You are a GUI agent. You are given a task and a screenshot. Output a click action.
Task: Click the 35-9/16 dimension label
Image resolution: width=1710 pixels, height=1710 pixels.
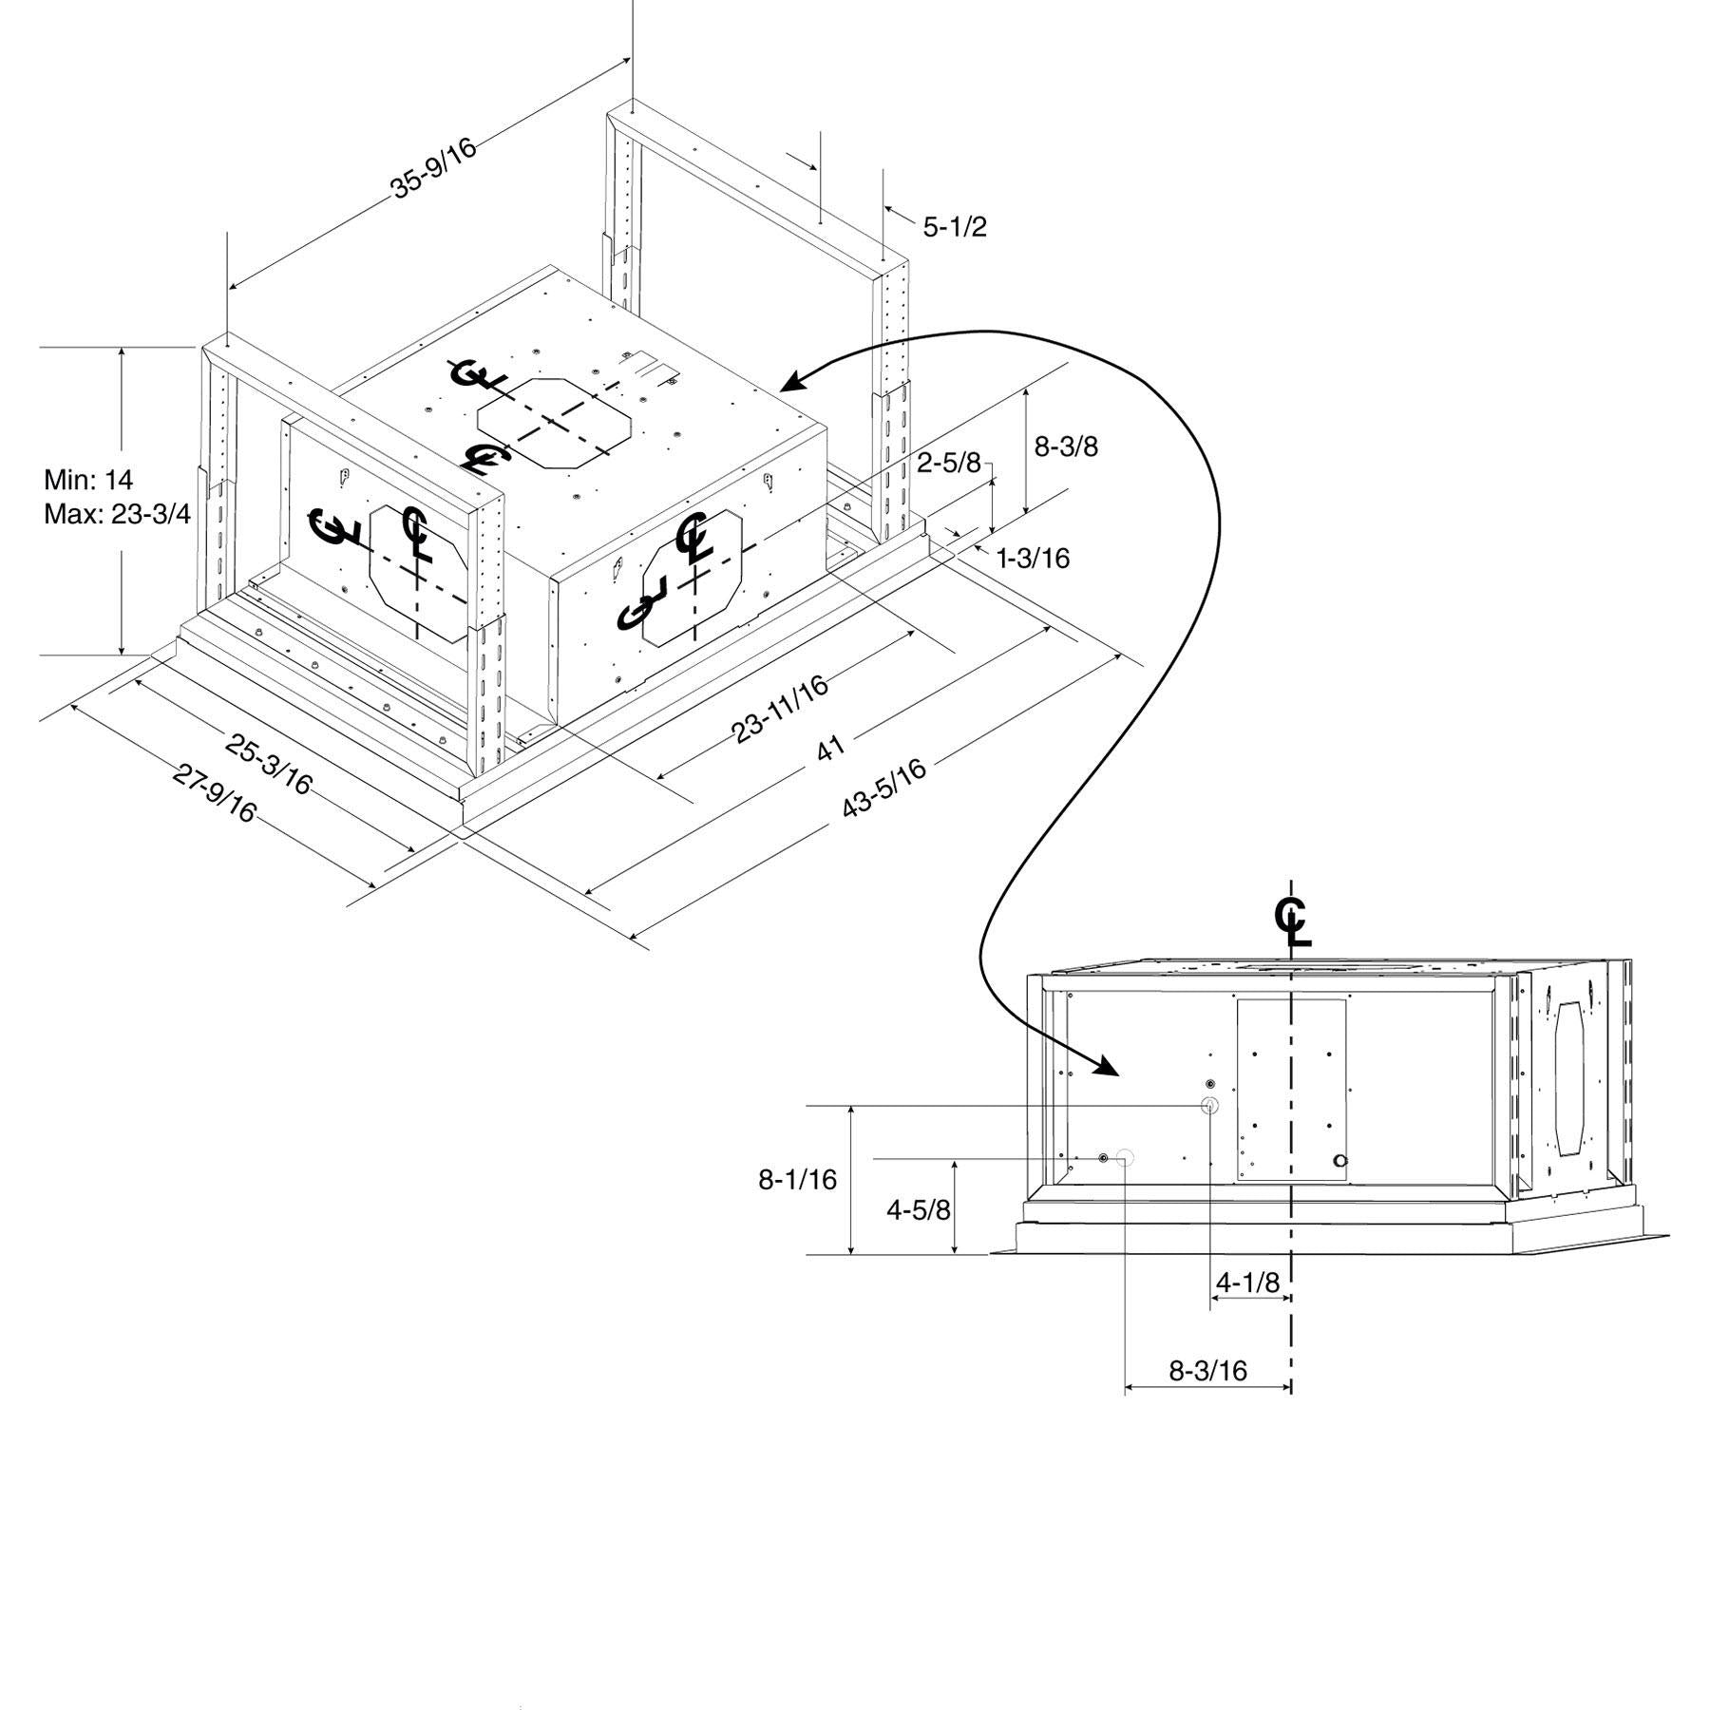coord(433,168)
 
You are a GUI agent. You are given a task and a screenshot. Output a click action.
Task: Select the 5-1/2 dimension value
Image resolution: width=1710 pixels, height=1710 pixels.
coord(955,226)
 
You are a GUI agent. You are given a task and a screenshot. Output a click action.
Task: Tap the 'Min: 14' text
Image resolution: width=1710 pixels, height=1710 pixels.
coord(88,478)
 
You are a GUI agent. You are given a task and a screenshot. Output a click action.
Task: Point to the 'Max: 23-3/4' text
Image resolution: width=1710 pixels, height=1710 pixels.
coord(117,514)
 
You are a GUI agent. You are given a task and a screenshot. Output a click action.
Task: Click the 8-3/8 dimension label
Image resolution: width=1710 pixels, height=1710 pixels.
coord(1066,446)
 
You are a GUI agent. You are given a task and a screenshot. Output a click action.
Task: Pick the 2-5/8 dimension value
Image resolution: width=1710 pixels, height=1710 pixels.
coord(948,463)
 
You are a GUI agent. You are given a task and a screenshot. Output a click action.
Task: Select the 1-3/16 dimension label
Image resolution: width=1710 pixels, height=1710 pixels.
coord(1033,558)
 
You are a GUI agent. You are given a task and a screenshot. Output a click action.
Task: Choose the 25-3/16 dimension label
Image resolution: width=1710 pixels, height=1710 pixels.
coord(269,762)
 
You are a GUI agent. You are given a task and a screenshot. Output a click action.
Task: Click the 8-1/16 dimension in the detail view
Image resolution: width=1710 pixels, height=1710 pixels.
coord(797,1180)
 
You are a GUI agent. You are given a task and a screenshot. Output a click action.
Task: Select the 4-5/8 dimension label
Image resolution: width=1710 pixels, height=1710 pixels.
coord(918,1209)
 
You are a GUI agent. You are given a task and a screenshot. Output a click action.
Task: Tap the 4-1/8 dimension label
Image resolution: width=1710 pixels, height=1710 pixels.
coord(1248,1282)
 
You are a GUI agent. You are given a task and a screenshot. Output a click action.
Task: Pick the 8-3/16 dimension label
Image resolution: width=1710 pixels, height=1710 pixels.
coord(1207,1371)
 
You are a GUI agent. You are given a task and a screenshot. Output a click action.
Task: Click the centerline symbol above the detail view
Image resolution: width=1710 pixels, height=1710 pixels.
coord(1291,920)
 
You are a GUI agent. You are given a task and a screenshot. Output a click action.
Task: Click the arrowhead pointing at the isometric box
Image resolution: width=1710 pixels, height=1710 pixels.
coord(789,384)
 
